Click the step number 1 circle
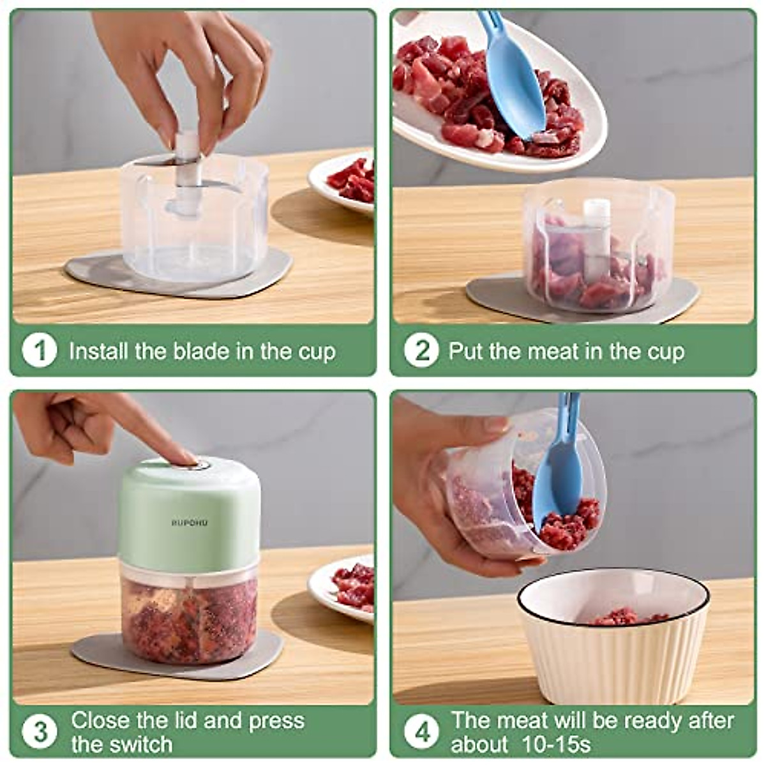[40, 351]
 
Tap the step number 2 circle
[421, 351]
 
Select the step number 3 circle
[40, 732]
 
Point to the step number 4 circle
[422, 732]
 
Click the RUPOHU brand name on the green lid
[190, 523]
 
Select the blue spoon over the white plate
[512, 77]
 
